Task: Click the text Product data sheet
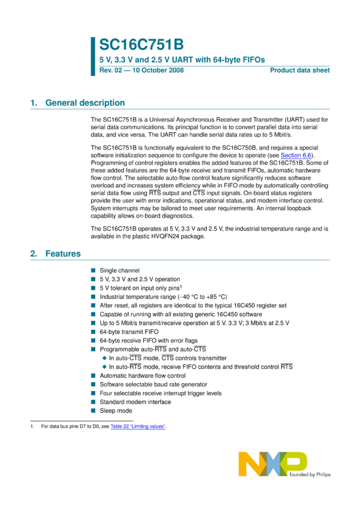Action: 300,71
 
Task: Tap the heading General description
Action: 85,103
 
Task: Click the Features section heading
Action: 63,254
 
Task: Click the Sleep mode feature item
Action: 116,411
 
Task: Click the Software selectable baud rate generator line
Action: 153,384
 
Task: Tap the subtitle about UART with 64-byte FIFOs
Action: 182,59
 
